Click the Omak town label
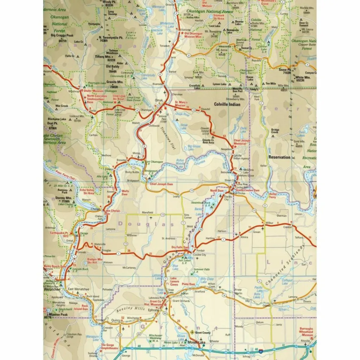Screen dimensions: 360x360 coord(159,99)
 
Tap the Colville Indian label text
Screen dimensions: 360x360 coord(227,104)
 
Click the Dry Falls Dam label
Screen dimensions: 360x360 coord(180,247)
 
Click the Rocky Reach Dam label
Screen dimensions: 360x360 coord(55,266)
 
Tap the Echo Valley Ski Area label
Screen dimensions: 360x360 coord(86,191)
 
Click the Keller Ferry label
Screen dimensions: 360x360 coord(274,195)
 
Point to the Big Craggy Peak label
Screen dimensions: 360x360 coord(62,36)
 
